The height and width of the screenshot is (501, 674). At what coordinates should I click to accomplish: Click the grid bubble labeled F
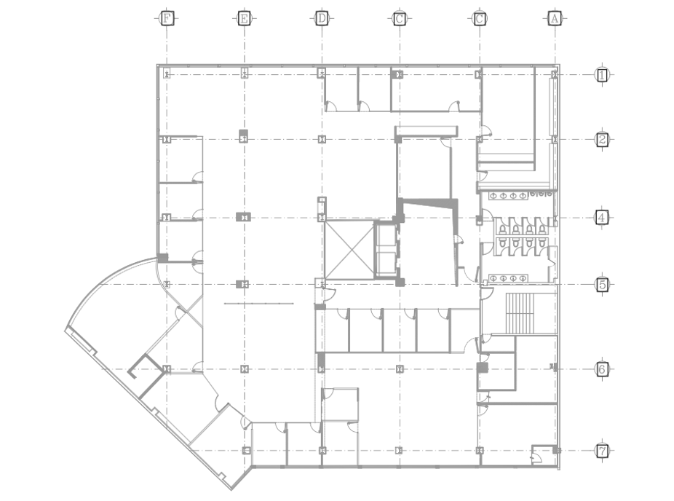167,18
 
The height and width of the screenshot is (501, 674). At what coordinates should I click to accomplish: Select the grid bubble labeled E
244,18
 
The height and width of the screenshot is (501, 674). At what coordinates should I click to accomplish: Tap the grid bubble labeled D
322,18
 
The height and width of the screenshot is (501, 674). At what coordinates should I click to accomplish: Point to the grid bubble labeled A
555,18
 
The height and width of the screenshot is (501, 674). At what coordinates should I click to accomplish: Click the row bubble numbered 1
602,75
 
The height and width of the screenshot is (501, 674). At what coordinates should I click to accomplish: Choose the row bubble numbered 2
602,139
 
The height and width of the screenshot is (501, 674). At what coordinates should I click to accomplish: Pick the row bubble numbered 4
602,218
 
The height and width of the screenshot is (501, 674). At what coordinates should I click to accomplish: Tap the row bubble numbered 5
602,284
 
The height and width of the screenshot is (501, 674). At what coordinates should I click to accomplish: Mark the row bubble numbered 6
602,368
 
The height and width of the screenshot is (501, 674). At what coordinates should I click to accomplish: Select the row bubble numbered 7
602,451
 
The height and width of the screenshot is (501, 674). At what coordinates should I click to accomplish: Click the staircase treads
520,314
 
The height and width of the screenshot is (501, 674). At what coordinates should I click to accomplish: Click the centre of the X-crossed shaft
349,249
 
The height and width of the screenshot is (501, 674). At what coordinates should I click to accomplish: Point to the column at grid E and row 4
244,217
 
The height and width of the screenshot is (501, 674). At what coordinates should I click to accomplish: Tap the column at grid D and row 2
322,139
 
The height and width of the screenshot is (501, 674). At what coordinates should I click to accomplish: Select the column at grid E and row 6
244,368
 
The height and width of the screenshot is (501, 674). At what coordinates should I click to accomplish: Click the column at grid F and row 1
167,74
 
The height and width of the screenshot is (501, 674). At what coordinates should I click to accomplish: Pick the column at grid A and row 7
556,450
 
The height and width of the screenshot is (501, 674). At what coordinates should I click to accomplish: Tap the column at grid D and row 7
322,450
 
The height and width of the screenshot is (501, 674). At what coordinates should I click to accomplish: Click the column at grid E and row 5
242,284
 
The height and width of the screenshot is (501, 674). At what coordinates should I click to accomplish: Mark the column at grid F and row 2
166,139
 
